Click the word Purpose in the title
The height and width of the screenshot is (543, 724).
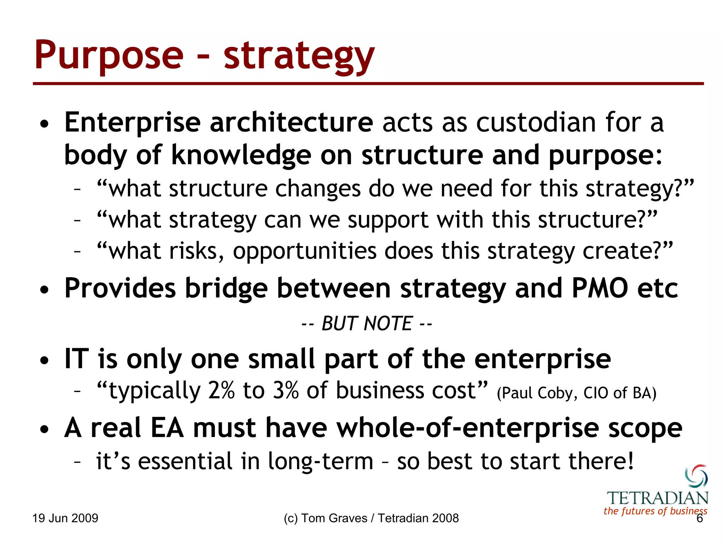pos(109,56)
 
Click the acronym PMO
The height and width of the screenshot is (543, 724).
pos(600,288)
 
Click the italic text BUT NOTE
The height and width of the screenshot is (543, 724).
pos(367,323)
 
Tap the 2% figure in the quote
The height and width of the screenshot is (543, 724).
pos(221,391)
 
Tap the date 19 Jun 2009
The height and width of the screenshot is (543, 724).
pos(65,518)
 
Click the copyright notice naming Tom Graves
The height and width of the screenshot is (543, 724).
pos(371,518)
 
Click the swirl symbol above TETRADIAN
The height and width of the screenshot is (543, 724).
pos(696,476)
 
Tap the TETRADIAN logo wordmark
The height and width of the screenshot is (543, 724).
pos(658,498)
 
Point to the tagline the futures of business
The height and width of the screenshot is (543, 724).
pos(655,511)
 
